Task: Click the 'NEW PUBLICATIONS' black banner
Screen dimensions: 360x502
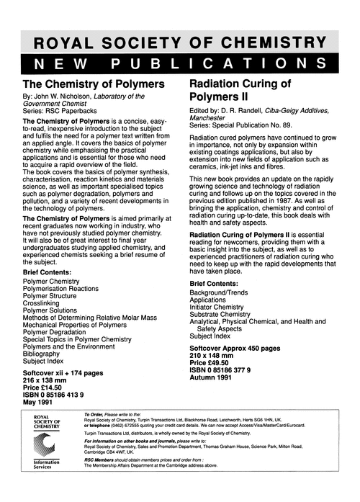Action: (180, 63)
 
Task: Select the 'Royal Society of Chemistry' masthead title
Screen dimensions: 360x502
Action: (180, 41)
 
